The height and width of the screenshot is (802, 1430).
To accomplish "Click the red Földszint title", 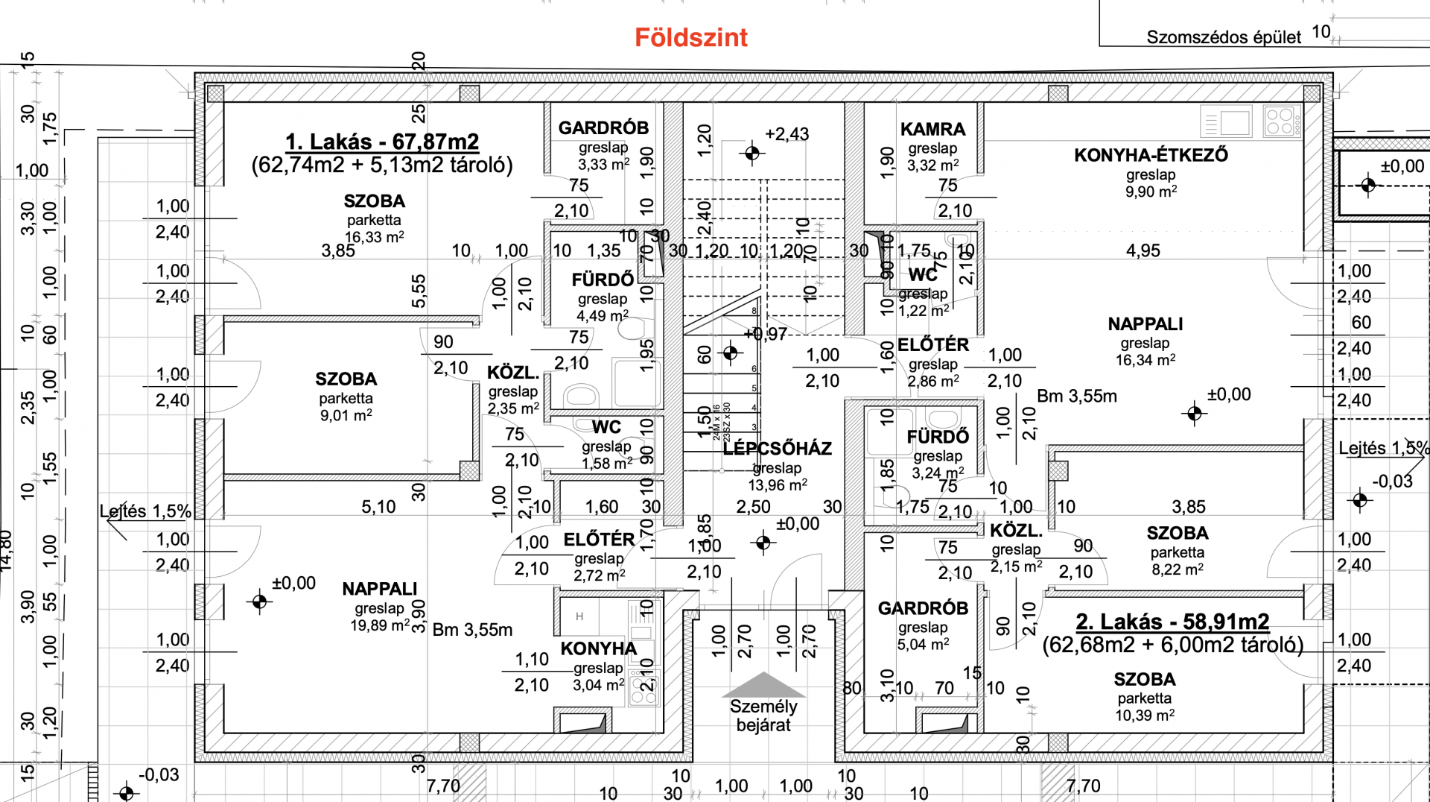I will click(x=690, y=38).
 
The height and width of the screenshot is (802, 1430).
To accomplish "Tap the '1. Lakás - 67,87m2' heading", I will click(x=382, y=142).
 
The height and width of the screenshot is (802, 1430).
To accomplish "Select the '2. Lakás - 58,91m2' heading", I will click(x=1172, y=622).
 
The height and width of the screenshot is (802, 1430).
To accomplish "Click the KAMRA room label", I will click(x=932, y=129).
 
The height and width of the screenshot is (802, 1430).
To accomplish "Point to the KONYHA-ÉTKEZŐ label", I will click(x=1151, y=155).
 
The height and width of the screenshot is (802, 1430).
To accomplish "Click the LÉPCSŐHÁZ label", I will click(x=777, y=449).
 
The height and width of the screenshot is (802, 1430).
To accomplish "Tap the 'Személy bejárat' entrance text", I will click(x=763, y=716).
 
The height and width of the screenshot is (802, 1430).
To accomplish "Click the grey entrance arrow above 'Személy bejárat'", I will click(x=763, y=684).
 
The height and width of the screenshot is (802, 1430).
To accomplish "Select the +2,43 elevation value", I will click(x=786, y=134).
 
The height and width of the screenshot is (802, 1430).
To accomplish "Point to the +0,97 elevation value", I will click(x=766, y=335).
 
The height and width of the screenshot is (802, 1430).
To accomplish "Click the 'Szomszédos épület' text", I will click(x=1223, y=37).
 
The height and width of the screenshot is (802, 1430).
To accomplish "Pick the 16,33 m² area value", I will click(x=374, y=237).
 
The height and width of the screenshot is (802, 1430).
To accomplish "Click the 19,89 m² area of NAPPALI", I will click(x=380, y=625).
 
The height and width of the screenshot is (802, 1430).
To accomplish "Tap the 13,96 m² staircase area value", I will click(x=778, y=485).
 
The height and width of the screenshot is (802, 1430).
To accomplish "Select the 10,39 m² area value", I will click(x=1145, y=716).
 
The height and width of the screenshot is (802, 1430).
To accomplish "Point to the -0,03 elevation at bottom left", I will click(x=159, y=775).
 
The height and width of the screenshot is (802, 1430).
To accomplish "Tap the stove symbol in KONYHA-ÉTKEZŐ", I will click(x=1282, y=121).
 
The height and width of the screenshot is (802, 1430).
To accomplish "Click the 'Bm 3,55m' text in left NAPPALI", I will click(x=472, y=630).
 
